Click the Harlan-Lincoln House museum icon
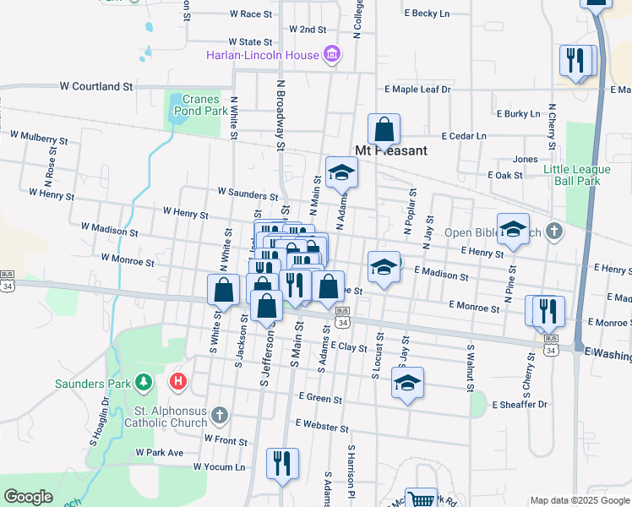click(x=332, y=55)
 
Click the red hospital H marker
click(x=177, y=381)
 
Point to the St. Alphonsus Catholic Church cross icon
click(x=220, y=415)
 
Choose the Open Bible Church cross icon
click(x=553, y=231)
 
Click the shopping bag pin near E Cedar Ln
click(x=384, y=130)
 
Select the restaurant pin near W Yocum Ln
click(x=282, y=464)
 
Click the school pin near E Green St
click(x=407, y=384)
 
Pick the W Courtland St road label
click(x=96, y=86)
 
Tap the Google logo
click(x=28, y=497)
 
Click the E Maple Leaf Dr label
click(x=417, y=89)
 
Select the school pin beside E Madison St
click(x=384, y=267)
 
